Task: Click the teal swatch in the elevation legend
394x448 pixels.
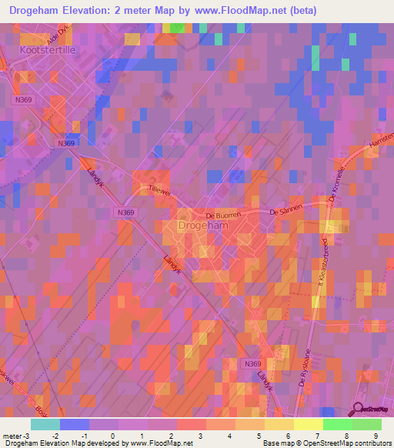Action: click(45, 424)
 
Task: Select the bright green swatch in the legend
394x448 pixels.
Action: click(337, 424)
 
